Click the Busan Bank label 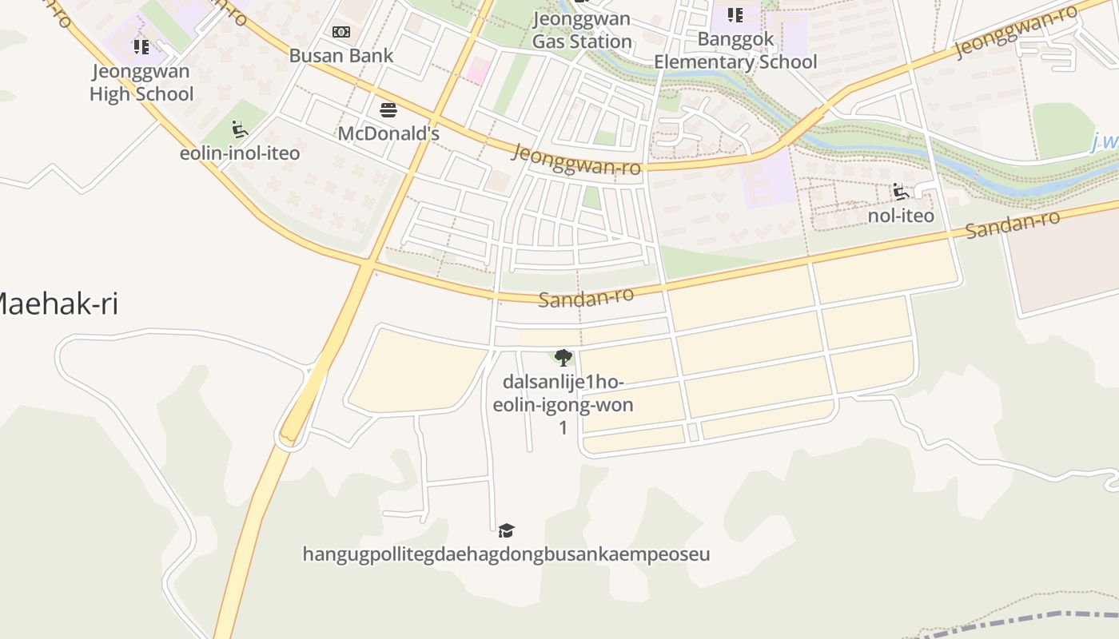[341, 56]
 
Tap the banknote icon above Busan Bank [341, 32]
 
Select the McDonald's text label [388, 133]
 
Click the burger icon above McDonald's [388, 109]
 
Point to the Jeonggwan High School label [141, 82]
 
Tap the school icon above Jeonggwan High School [141, 47]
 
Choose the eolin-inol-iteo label [240, 153]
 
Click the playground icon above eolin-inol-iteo [239, 129]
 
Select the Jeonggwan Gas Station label [582, 30]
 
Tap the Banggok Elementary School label [735, 50]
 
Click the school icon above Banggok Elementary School [735, 14]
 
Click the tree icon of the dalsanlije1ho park [563, 357]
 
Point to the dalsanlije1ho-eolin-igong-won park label [563, 404]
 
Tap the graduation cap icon [506, 530]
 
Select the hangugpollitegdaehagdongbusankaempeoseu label [506, 554]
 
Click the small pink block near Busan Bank [477, 69]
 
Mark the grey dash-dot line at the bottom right [1039, 617]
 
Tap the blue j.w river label [1105, 142]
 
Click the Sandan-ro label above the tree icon [586, 296]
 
